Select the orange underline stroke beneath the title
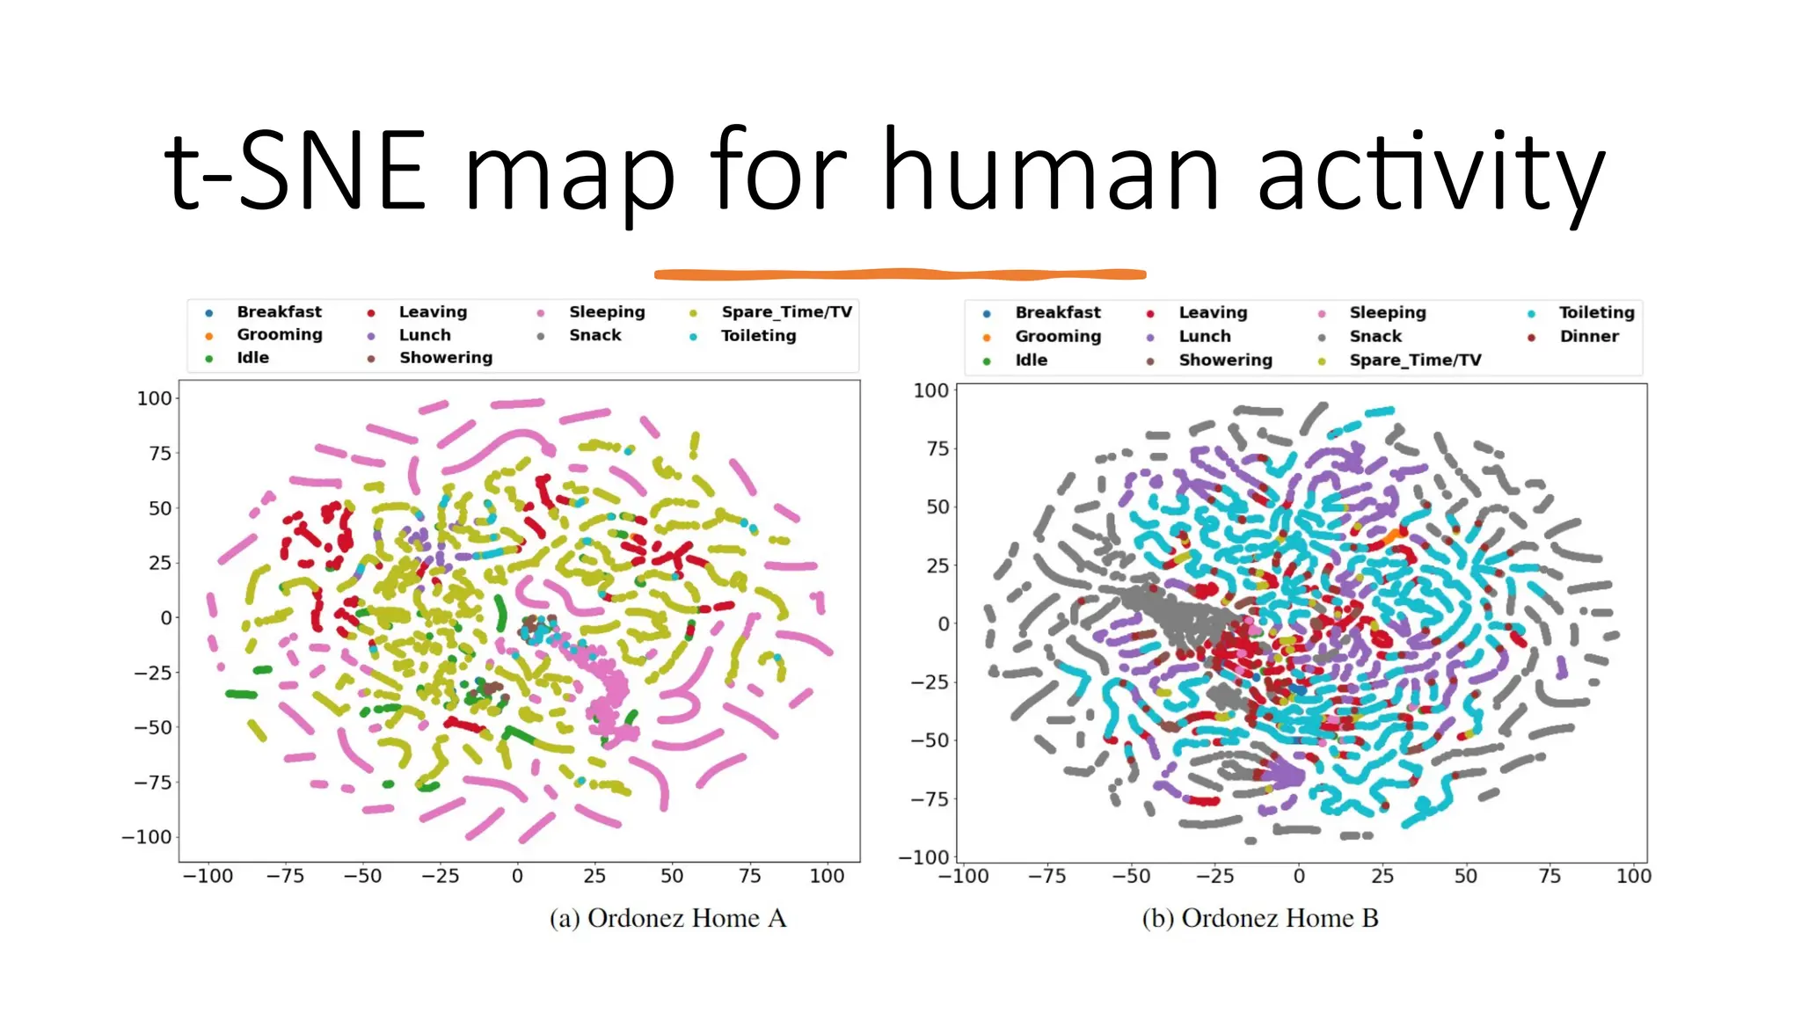point(900,274)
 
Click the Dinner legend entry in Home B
point(1588,336)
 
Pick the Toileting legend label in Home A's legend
point(758,335)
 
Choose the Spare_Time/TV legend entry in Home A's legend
point(786,311)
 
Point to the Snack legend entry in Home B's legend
point(1375,336)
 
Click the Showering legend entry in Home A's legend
point(445,357)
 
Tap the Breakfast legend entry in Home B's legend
point(1057,312)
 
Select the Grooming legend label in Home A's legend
point(279,334)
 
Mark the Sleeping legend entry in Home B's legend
point(1387,312)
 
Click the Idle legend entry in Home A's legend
point(252,357)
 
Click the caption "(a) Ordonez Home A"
point(667,918)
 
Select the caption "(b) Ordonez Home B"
point(1259,918)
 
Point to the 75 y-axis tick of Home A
point(160,454)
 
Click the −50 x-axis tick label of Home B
point(1130,876)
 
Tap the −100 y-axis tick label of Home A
point(147,837)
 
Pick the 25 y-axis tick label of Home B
point(937,565)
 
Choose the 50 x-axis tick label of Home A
point(672,876)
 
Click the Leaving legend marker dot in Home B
point(1150,314)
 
